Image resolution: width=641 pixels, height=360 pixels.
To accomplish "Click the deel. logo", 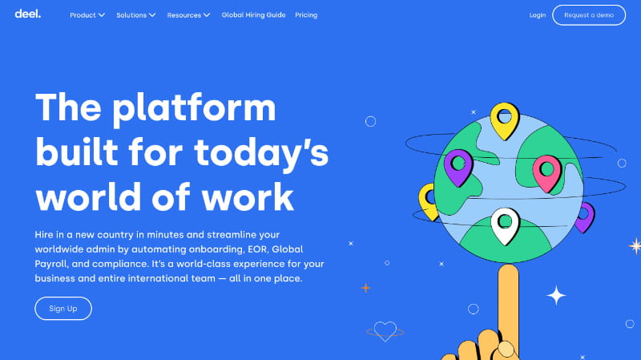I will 27,14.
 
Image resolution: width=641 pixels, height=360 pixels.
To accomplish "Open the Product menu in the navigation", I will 87,15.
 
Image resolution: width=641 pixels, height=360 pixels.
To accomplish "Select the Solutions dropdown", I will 135,15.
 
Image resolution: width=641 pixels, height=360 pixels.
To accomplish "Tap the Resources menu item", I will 188,15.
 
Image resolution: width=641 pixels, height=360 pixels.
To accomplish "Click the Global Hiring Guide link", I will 253,15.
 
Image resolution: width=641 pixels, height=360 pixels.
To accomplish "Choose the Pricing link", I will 306,15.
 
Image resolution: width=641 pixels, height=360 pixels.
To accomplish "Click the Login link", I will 538,15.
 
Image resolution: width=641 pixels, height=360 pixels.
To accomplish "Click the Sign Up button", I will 63,309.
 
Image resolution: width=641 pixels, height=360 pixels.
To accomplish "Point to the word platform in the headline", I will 193,107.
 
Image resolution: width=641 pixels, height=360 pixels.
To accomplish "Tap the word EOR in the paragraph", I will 259,249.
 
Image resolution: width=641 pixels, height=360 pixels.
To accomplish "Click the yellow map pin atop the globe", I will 505,119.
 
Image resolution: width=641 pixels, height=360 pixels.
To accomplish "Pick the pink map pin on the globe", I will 547,171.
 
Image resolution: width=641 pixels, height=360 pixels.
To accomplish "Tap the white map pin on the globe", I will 505,224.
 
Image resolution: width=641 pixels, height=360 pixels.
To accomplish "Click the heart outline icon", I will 385,330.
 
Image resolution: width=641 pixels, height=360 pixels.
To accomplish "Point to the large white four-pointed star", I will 556,295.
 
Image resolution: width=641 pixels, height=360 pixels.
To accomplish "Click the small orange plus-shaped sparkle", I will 365,287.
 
